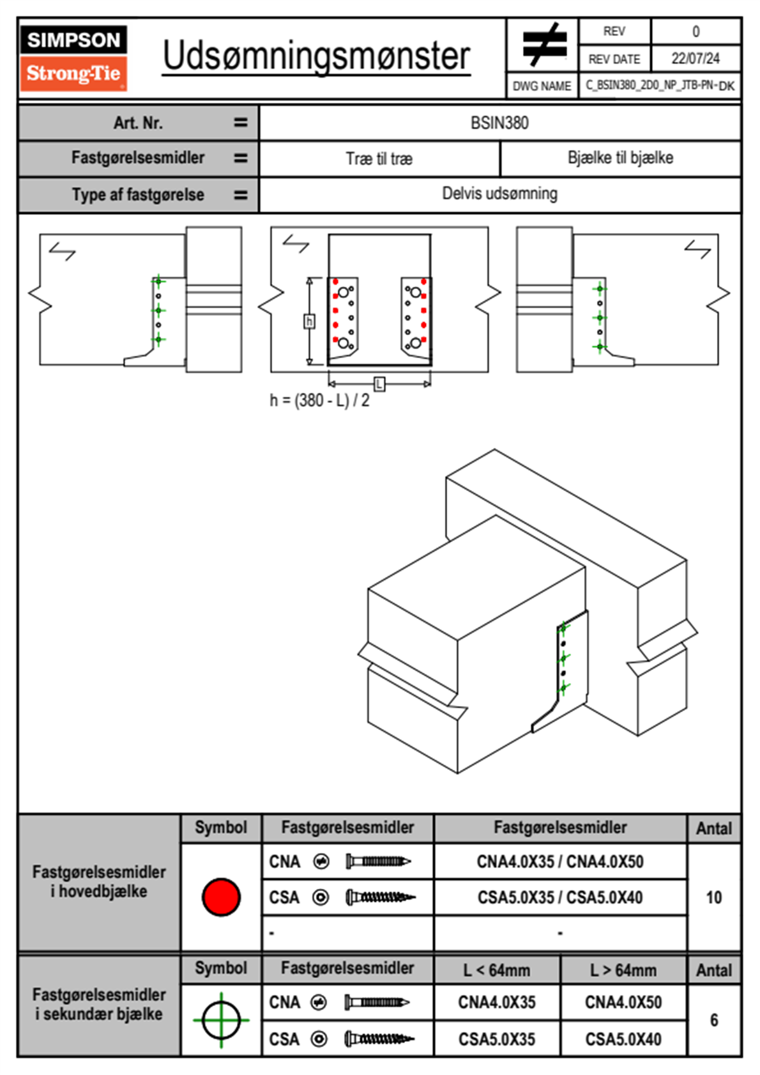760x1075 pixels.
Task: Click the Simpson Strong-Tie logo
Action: point(73,58)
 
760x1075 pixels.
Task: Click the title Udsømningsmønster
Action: point(316,56)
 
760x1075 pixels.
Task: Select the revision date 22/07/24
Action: point(695,59)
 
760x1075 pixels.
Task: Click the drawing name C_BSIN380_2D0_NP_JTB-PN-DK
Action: point(660,86)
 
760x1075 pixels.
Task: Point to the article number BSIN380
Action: point(499,123)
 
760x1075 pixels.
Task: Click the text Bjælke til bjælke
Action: point(621,157)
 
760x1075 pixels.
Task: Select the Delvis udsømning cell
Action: point(499,194)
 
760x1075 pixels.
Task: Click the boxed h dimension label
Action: point(309,321)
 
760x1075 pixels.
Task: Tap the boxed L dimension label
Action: point(379,384)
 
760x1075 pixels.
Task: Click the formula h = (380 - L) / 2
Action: point(319,400)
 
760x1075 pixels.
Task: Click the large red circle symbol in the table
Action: point(221,897)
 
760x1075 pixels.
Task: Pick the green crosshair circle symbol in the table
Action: point(221,1020)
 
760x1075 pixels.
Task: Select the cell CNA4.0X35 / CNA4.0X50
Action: point(560,862)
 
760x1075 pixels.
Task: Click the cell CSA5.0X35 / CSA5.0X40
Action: point(560,897)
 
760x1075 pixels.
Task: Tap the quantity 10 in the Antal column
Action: point(713,897)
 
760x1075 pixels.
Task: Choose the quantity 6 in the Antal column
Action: point(714,1020)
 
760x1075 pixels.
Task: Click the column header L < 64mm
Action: point(497,970)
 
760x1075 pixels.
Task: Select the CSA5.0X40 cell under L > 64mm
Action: point(623,1039)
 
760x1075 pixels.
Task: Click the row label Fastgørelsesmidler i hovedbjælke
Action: point(99,881)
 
